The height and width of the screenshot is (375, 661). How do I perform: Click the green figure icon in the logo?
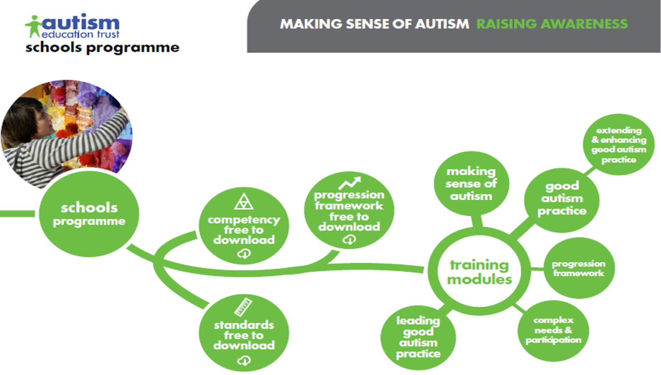(x=34, y=27)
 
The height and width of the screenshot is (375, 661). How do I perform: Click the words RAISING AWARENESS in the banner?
(x=552, y=24)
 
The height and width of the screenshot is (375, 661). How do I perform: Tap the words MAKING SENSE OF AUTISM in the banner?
(x=375, y=24)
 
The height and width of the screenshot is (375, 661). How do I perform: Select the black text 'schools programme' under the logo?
(x=102, y=48)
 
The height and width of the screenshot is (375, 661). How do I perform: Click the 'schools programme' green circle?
(x=89, y=214)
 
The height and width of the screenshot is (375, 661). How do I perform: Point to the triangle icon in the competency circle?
(x=244, y=202)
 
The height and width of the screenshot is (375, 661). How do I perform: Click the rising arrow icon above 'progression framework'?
(x=350, y=183)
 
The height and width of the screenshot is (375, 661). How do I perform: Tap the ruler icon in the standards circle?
(x=243, y=307)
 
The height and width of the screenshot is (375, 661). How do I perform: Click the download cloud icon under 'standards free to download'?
(x=244, y=360)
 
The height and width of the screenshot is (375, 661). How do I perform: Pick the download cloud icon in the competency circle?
(x=244, y=254)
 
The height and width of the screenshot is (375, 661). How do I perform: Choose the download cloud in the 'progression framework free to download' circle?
(x=349, y=239)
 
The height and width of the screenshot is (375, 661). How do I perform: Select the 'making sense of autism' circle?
(x=471, y=183)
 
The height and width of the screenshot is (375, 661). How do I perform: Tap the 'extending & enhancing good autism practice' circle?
(x=619, y=145)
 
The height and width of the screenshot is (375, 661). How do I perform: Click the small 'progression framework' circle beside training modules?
(x=579, y=268)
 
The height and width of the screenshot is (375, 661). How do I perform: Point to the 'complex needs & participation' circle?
(x=553, y=331)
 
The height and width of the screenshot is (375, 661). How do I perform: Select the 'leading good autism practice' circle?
(x=418, y=338)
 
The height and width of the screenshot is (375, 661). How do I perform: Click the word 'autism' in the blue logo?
(x=81, y=23)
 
